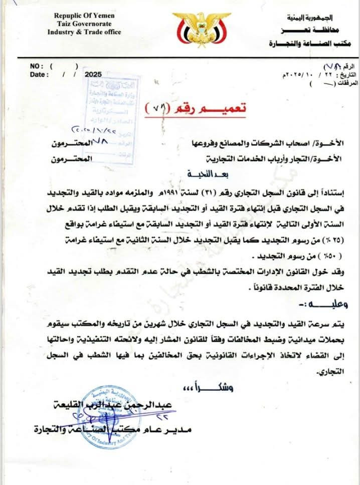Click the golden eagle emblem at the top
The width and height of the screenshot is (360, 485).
click(195, 29)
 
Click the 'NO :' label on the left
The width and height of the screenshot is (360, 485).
click(37, 66)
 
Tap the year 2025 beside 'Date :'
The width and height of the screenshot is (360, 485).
click(93, 74)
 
